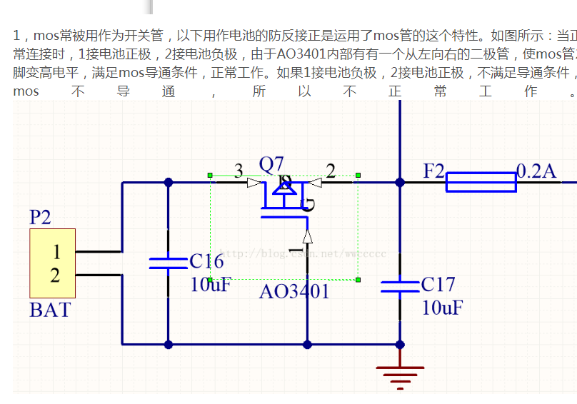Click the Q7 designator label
[x=271, y=165]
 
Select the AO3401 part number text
[x=294, y=291]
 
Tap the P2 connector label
[x=40, y=217]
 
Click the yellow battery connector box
[x=52, y=263]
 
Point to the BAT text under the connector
[x=50, y=310]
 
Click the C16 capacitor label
[x=206, y=261]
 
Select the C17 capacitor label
[x=438, y=285]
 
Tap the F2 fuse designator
[x=433, y=171]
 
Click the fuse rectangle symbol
[x=481, y=182]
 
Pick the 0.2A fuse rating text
[x=536, y=171]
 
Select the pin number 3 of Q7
[x=239, y=170]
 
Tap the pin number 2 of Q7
[x=331, y=170]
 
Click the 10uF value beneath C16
[x=211, y=284]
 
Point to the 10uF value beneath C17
[x=442, y=308]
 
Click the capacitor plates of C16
[x=169, y=263]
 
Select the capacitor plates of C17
[x=400, y=286]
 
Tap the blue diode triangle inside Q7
[x=284, y=187]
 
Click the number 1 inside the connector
[x=56, y=251]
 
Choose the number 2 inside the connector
[x=56, y=276]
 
